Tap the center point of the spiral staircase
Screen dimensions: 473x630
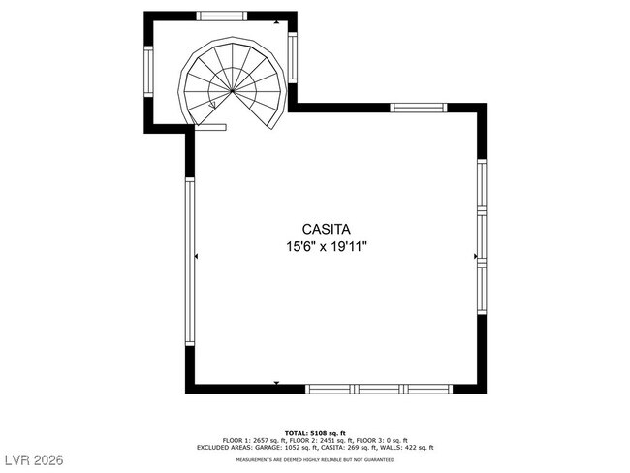(x=233, y=90)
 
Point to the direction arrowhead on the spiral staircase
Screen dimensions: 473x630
(x=212, y=105)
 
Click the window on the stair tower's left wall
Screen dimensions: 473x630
(x=149, y=72)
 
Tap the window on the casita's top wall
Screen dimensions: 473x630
(x=418, y=108)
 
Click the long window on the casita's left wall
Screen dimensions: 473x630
(x=190, y=257)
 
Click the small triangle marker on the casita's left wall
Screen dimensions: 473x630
(x=197, y=257)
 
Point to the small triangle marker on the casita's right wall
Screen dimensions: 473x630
(x=475, y=257)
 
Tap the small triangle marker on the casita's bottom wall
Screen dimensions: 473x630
(x=276, y=384)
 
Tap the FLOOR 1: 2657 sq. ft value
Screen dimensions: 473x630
(x=243, y=440)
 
